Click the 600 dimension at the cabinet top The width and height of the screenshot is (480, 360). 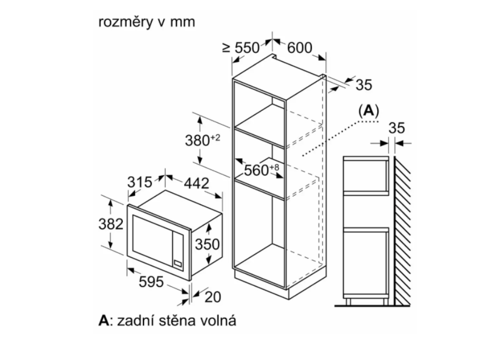tap(300, 47)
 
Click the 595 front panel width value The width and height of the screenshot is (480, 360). tap(150, 282)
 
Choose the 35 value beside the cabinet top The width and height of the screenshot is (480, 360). tap(364, 85)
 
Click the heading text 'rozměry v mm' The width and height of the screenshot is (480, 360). tap(147, 22)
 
